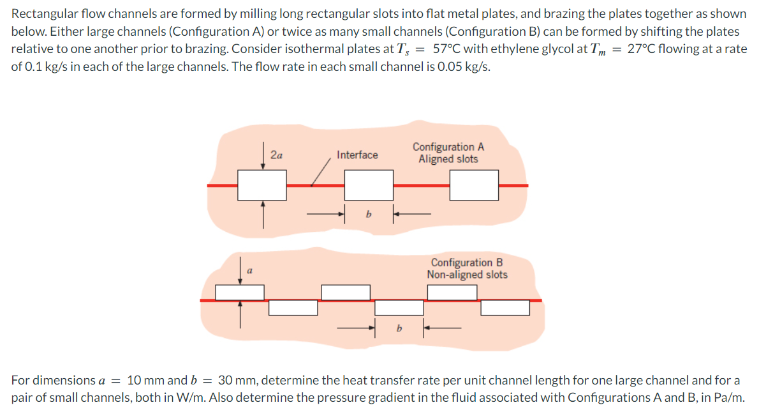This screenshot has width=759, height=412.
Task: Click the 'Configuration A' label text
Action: pos(448,147)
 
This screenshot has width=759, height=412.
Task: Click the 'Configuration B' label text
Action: pos(467,263)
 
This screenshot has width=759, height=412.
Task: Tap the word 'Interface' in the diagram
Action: pos(357,155)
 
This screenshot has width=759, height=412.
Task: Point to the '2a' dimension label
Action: pos(277,155)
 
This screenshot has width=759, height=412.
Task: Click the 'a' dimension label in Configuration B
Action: pos(249,271)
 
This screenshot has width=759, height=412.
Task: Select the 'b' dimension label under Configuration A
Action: pos(368,215)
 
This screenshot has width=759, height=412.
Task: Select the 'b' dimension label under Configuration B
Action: pos(399,329)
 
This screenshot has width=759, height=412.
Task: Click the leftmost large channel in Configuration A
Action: pos(262,185)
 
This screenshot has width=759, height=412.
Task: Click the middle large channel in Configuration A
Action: pos(369,185)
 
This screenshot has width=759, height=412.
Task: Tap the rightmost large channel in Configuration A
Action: pos(474,185)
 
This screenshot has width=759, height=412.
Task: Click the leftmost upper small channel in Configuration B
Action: pos(240,293)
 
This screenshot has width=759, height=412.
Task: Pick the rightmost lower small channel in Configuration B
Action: pos(505,308)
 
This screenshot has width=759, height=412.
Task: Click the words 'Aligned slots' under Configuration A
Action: pos(448,159)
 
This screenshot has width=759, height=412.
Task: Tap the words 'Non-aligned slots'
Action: pos(467,275)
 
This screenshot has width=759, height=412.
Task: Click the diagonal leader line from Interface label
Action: pos(321,172)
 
